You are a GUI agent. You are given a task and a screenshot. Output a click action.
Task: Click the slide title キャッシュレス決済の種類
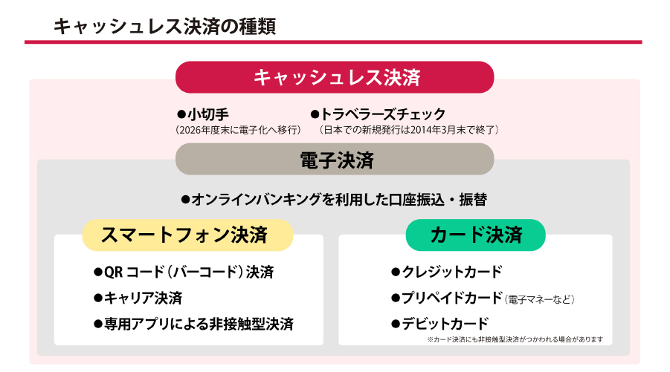[164, 26]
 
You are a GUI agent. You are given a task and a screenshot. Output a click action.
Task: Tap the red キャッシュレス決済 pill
[335, 77]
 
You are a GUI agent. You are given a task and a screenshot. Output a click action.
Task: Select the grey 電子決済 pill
[335, 159]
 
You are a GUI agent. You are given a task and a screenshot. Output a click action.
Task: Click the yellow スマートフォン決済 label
[187, 235]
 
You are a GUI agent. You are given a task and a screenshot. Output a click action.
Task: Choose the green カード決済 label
[476, 235]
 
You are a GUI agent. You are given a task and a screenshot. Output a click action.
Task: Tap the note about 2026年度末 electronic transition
[238, 130]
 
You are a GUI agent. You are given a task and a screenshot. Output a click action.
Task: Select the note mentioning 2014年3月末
[409, 130]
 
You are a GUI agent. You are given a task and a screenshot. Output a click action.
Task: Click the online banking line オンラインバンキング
[334, 199]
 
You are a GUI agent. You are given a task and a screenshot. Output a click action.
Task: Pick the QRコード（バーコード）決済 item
[184, 273]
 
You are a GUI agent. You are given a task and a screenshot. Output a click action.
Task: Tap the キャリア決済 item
[138, 298]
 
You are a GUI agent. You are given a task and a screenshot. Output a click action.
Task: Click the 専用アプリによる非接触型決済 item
[193, 324]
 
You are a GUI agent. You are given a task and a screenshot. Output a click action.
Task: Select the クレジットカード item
[446, 273]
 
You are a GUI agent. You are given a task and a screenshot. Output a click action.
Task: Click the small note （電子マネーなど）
[539, 299]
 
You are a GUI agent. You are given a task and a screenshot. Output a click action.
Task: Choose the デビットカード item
[439, 324]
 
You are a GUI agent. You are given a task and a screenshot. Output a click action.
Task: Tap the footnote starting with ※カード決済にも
[515, 339]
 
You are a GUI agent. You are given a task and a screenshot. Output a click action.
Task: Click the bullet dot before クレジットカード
[396, 273]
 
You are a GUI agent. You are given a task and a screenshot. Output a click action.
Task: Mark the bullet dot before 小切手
[181, 114]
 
